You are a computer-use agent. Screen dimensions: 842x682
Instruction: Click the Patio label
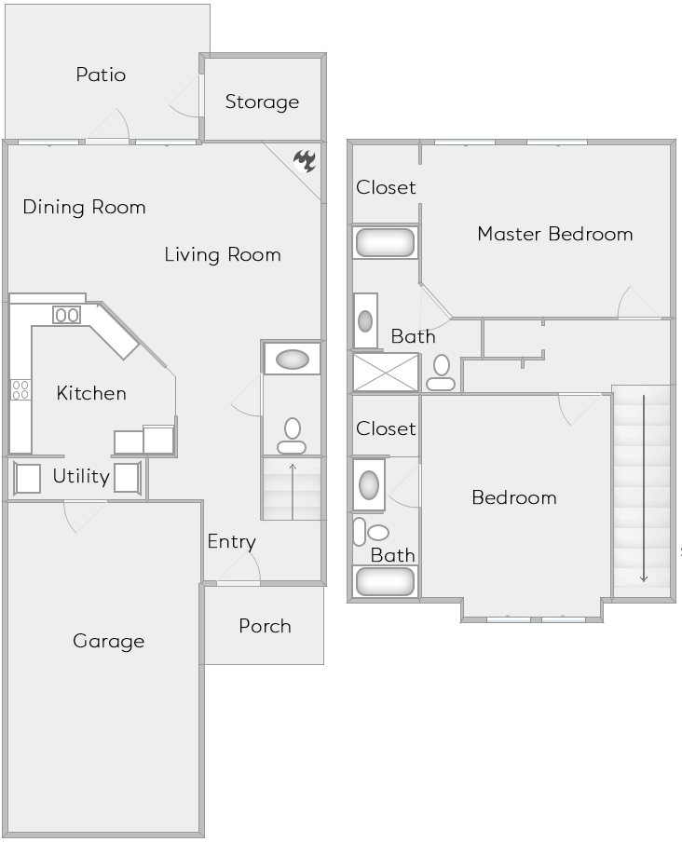coord(101,75)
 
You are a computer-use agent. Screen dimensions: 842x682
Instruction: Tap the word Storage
coord(262,102)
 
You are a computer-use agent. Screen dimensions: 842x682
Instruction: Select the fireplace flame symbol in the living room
coord(305,161)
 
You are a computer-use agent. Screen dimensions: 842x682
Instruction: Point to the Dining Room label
coord(84,207)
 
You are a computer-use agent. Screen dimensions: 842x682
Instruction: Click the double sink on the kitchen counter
coord(66,315)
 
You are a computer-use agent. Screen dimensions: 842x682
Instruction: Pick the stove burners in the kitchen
coord(20,389)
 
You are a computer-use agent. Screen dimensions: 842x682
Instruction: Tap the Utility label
coord(81,477)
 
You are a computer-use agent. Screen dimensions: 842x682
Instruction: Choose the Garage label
coord(109,641)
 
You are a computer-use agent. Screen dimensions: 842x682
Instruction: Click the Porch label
coord(265,626)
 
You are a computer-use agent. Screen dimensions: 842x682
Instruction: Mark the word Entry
coord(231,541)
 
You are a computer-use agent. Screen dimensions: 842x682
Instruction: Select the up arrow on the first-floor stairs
coord(293,489)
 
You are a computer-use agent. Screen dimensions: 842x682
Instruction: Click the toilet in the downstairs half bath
coord(292,435)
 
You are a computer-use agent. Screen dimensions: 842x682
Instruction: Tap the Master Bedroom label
coord(554,234)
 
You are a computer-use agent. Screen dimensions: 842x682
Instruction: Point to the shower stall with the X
coord(386,372)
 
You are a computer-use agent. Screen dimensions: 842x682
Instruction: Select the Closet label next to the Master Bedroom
coord(386,187)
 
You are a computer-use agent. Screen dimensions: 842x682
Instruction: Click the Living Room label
coord(223,254)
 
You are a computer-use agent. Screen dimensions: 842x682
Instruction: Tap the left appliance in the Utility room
coord(28,478)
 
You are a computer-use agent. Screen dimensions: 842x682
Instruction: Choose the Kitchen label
coord(91,393)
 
